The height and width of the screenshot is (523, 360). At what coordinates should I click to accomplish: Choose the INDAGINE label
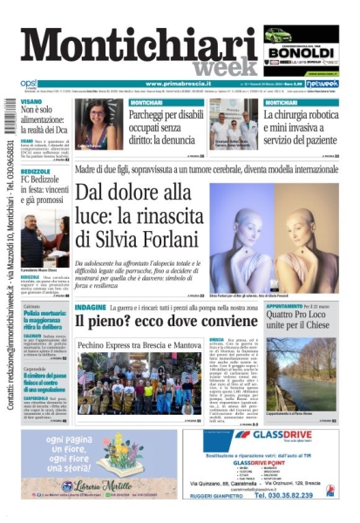(x=91, y=308)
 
